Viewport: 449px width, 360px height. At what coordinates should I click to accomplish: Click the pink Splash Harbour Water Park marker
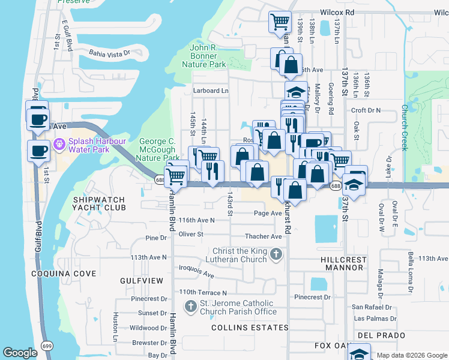coord(59,145)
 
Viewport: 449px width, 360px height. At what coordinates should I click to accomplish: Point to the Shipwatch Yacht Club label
coord(99,203)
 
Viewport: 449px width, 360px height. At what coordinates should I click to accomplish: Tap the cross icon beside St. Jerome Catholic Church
coord(191,307)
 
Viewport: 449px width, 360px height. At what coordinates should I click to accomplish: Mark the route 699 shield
coord(47,346)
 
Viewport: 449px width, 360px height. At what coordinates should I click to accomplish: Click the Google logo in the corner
coord(20,353)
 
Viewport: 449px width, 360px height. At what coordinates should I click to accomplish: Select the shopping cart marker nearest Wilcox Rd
coord(280,22)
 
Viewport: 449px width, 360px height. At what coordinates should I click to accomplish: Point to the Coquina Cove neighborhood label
coord(64,274)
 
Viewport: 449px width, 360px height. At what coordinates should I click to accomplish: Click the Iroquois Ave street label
coord(196,271)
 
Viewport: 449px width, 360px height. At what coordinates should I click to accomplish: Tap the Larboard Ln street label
coord(211,91)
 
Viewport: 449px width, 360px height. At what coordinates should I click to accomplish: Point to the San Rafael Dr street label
coord(372,307)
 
